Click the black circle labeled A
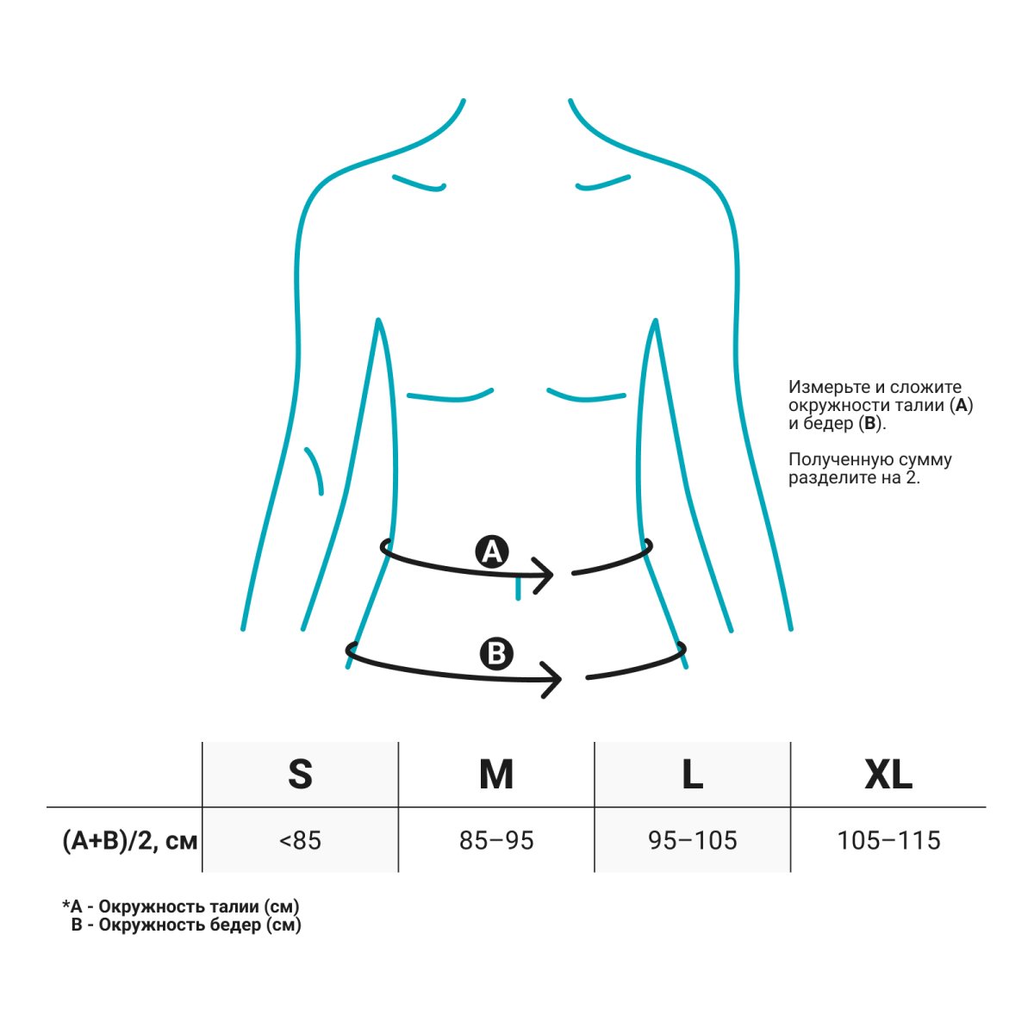coord(492,551)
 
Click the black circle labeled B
coord(496,654)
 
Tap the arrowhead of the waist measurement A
coord(543,576)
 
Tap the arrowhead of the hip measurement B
coord(551,680)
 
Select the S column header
coord(300,775)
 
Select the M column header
coord(496,775)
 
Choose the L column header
coord(692,775)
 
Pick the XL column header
coord(888,775)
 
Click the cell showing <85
coord(300,841)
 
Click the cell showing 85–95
coord(496,841)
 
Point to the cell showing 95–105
coord(692,841)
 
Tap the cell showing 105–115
coord(888,841)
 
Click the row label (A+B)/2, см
coord(130,841)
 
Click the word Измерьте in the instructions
coord(825,387)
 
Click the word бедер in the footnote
coord(235,925)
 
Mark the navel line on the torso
coord(518,589)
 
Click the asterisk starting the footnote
coord(66,904)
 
